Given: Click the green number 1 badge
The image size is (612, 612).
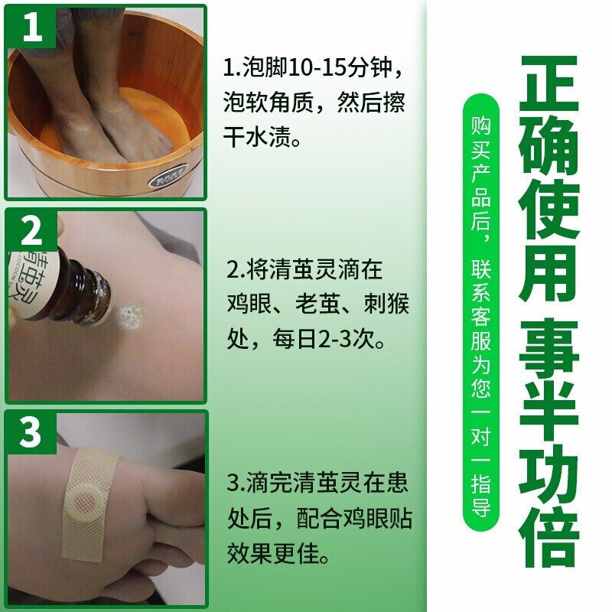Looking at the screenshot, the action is click(32, 28).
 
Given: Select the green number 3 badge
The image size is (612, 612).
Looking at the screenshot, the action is click(32, 433).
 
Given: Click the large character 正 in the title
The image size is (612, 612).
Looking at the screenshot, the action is click(548, 84).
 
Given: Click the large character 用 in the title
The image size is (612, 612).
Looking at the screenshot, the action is click(548, 273).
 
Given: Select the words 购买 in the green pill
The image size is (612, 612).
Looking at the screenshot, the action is click(481, 138).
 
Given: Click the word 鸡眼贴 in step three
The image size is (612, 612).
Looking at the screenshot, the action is click(377, 519).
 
